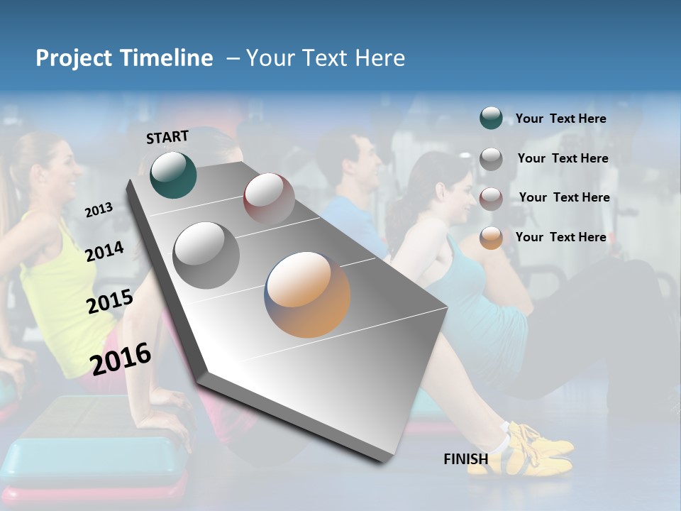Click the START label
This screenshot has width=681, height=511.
tap(167, 136)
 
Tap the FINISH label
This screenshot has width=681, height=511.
tap(465, 459)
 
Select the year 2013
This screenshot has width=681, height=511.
tap(99, 209)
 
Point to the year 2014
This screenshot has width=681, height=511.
tap(104, 251)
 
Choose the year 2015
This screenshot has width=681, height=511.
tap(109, 301)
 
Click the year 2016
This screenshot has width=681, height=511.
tap(121, 358)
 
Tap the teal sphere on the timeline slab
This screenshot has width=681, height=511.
tap(173, 175)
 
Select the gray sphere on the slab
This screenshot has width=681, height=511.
tap(206, 255)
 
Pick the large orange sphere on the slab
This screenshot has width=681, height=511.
tap(307, 295)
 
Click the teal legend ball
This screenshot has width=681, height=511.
tap(491, 119)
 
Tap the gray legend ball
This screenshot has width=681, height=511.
tap(491, 159)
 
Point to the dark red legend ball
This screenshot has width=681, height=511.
tap(491, 198)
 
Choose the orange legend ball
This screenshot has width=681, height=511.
tap(491, 238)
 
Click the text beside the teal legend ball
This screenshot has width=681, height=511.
tap(560, 119)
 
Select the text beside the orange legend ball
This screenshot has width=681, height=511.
tap(560, 237)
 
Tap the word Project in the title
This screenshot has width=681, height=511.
tap(73, 58)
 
